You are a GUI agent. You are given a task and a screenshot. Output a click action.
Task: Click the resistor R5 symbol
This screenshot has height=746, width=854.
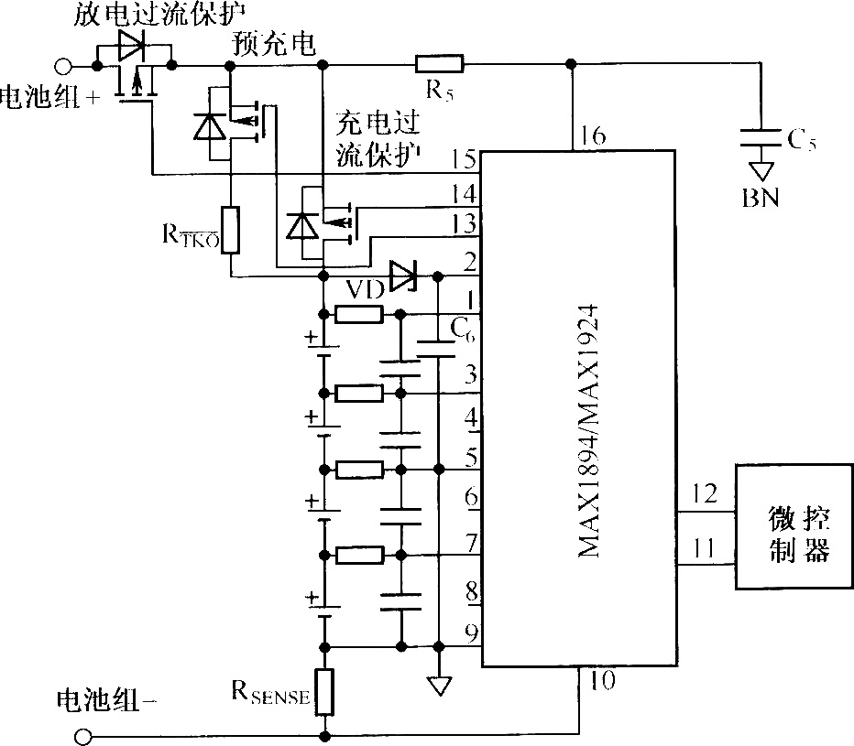tap(440, 64)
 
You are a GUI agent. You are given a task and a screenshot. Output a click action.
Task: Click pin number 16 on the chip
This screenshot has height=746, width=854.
tap(593, 137)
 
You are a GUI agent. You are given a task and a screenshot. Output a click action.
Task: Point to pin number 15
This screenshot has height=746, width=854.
tap(465, 161)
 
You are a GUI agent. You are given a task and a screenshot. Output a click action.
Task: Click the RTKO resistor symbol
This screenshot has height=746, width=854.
tap(230, 230)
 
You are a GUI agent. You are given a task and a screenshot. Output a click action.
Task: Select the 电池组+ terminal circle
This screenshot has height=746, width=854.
tap(63, 65)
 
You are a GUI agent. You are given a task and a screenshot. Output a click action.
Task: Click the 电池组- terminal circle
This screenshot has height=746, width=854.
tap(83, 737)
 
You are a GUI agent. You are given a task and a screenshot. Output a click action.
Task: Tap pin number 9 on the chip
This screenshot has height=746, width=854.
tap(470, 632)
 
